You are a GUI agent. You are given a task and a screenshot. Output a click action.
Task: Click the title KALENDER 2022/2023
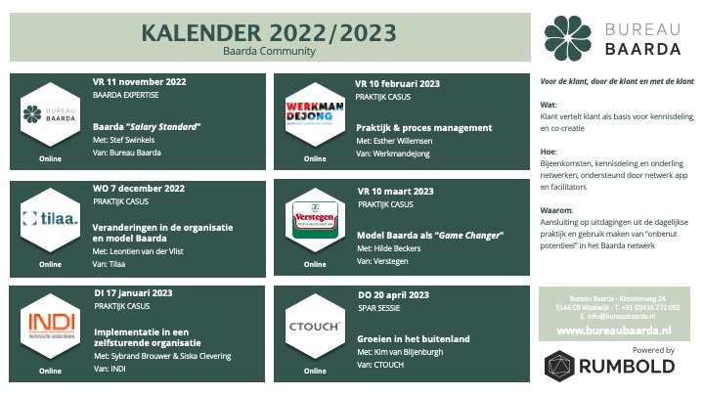pos(269,33)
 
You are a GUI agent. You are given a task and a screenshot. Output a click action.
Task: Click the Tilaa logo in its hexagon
pos(50,220)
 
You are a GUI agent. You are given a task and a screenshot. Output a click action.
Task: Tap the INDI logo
pos(50,326)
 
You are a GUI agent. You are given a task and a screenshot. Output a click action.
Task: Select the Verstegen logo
pos(315,220)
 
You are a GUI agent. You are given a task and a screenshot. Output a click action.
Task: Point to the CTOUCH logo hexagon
pos(315,327)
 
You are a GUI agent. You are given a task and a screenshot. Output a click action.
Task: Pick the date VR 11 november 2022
pos(139,82)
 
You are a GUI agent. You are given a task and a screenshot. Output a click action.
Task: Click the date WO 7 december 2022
pos(139,189)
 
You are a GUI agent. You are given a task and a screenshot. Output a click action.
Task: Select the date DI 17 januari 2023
pos(133,293)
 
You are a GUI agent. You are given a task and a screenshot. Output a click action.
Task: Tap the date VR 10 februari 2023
pos(397,84)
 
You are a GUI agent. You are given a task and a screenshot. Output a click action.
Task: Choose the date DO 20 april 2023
pos(393,295)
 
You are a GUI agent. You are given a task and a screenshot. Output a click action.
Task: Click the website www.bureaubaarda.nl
pos(614,330)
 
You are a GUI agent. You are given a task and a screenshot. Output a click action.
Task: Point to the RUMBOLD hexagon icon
pos(559,366)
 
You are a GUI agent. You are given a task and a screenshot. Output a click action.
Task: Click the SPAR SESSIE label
pos(379,308)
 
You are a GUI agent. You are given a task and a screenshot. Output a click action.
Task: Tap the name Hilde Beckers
pos(397,248)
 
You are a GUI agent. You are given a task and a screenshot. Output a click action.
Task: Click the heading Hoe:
pos(549,152)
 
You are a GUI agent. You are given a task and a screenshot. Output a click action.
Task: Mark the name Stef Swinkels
pos(132,140)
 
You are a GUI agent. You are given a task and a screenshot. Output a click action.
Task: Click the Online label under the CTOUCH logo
pos(315,371)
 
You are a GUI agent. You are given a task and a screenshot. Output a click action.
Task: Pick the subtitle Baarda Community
pos(269,51)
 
